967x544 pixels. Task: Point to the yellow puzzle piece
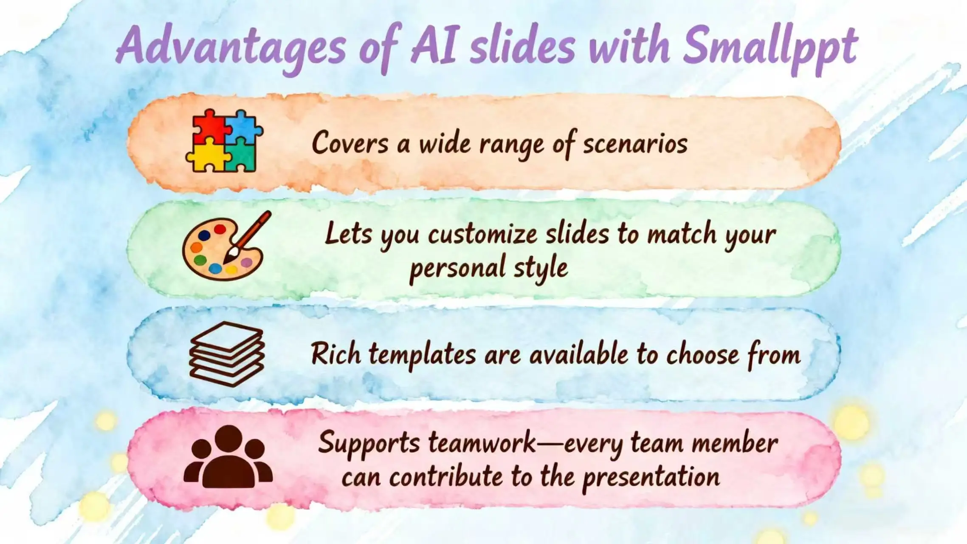pyautogui.click(x=206, y=156)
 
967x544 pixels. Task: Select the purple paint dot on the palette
pyautogui.click(x=246, y=262)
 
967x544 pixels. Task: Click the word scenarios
pyautogui.click(x=635, y=144)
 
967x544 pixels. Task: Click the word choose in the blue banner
pyautogui.click(x=702, y=354)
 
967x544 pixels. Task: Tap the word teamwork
pyautogui.click(x=482, y=442)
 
